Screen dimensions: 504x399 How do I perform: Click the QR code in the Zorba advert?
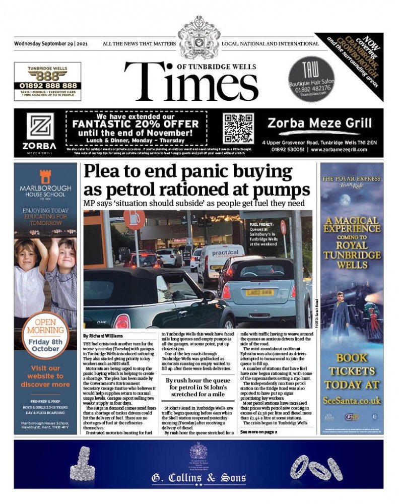click(238, 129)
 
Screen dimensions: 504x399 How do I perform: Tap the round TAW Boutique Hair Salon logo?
click(311, 79)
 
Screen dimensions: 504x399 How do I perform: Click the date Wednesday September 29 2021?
click(51, 44)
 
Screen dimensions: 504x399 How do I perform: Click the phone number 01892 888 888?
click(47, 86)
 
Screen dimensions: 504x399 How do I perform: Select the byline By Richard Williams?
click(103, 336)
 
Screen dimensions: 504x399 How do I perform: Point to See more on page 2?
click(258, 432)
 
